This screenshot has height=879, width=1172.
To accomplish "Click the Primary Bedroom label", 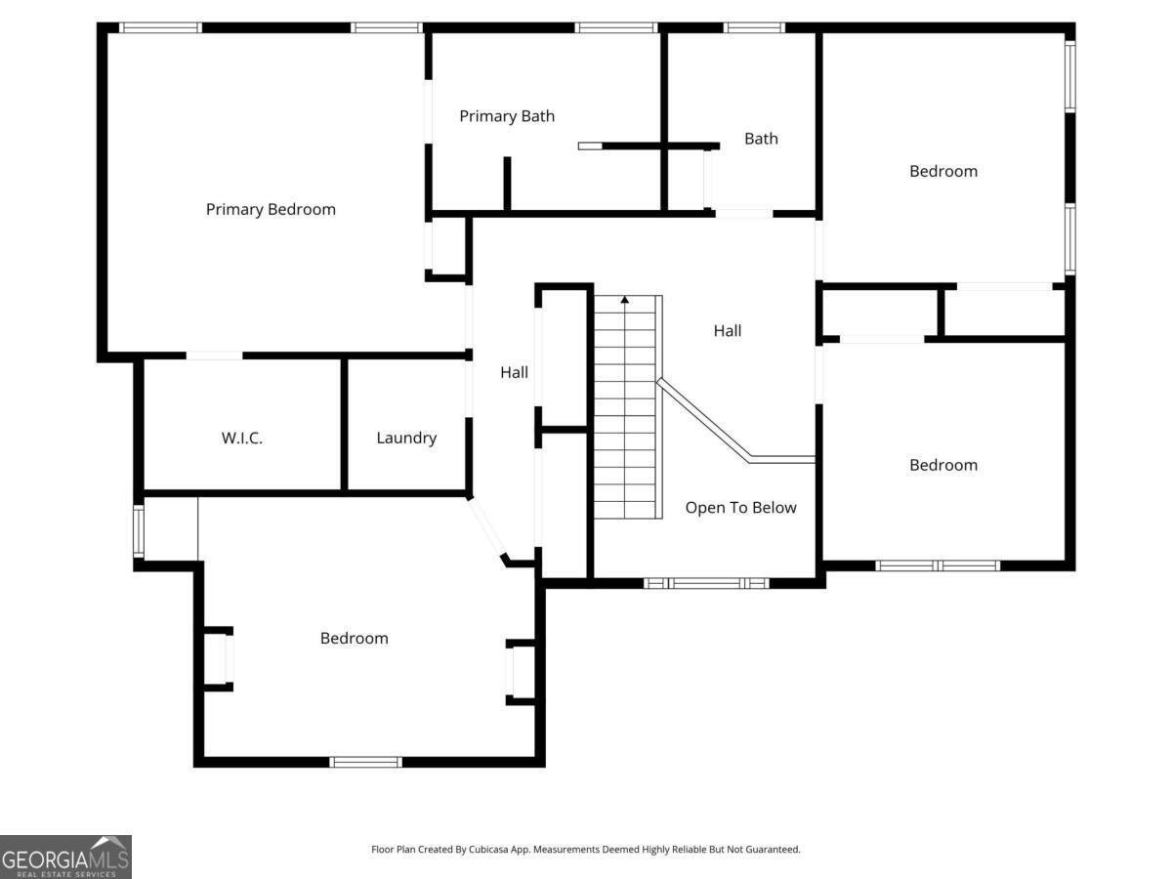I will pyautogui.click(x=271, y=209).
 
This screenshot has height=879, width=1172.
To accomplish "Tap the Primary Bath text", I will pyautogui.click(x=507, y=116).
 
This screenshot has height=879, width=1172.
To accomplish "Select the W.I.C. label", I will pyautogui.click(x=241, y=438).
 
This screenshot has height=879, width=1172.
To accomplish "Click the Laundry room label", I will pyautogui.click(x=406, y=438).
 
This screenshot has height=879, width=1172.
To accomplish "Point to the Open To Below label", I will pyautogui.click(x=740, y=508).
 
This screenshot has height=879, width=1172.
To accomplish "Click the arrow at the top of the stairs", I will pyautogui.click(x=625, y=300).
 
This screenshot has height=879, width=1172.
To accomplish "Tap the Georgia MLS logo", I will pyautogui.click(x=65, y=857).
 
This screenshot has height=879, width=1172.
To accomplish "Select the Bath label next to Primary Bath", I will pyautogui.click(x=761, y=139).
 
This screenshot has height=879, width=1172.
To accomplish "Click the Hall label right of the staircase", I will pyautogui.click(x=727, y=331).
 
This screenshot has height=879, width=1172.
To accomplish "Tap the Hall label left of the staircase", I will pyautogui.click(x=514, y=372).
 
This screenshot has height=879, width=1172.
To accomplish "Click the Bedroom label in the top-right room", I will pyautogui.click(x=942, y=171).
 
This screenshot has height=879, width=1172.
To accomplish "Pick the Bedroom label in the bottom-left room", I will pyautogui.click(x=354, y=638).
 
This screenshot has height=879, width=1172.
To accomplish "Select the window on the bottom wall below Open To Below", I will pyautogui.click(x=706, y=583).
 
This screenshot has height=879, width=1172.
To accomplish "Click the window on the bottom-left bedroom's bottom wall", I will pyautogui.click(x=365, y=762).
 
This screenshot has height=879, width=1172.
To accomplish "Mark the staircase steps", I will pyautogui.click(x=625, y=410).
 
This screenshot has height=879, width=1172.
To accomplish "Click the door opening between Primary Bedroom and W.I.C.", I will pyautogui.click(x=214, y=356).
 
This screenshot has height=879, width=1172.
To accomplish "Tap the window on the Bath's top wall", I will pyautogui.click(x=754, y=27).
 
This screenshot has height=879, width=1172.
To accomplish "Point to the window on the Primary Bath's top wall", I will pyautogui.click(x=615, y=27).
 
